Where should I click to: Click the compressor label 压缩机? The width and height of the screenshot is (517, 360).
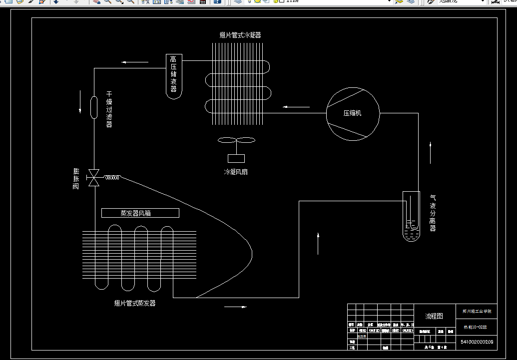pyautogui.click(x=352, y=113)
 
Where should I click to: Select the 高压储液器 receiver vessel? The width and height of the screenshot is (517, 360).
pyautogui.click(x=173, y=75)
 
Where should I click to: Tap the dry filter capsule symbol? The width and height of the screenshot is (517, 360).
pyautogui.click(x=94, y=107)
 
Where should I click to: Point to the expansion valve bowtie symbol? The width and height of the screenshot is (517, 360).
pyautogui.click(x=93, y=178)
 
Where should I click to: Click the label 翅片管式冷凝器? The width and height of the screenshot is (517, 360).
pyautogui.click(x=240, y=35)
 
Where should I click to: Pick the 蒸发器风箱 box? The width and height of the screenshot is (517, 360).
pyautogui.click(x=140, y=213)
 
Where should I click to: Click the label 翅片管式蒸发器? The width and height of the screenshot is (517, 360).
pyautogui.click(x=135, y=303)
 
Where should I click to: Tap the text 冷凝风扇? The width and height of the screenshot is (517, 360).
pyautogui.click(x=236, y=172)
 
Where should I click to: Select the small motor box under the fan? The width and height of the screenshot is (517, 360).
pyautogui.click(x=236, y=158)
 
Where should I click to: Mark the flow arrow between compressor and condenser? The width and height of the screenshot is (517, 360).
pyautogui.click(x=296, y=106)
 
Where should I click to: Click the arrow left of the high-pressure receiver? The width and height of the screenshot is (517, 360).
pyautogui.click(x=135, y=62)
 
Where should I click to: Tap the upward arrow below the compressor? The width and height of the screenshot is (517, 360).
pyautogui.click(x=431, y=153)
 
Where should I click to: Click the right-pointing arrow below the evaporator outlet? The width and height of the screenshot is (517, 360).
pyautogui.click(x=236, y=307)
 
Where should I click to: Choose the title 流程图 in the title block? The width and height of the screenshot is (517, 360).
pyautogui.click(x=434, y=316)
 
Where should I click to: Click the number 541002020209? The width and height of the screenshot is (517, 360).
pyautogui.click(x=477, y=342)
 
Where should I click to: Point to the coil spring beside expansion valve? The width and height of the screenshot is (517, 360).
pyautogui.click(x=111, y=177)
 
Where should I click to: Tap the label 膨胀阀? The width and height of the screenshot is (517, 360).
pyautogui.click(x=76, y=179)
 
